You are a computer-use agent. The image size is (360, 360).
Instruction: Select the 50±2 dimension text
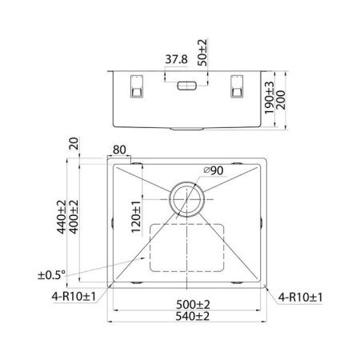[x=203, y=53]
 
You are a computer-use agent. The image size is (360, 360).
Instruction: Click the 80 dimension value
[x=121, y=150]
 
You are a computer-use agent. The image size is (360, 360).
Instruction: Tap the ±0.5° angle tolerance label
[x=52, y=275]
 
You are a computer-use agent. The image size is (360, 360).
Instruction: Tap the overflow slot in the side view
[x=188, y=84]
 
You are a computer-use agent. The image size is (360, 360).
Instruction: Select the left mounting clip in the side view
[x=134, y=86]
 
